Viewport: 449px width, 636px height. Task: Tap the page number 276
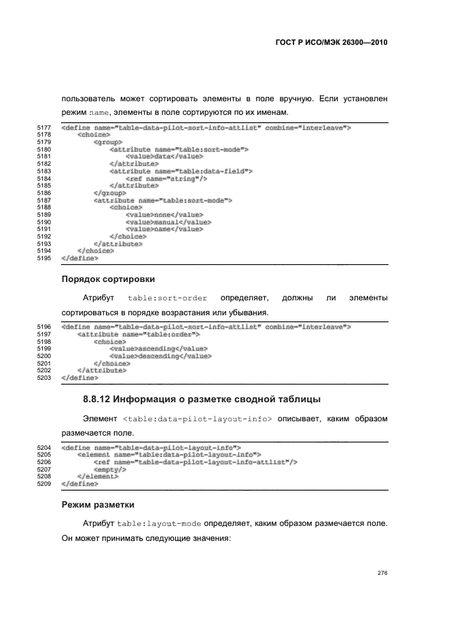point(382,573)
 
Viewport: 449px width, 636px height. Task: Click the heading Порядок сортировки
point(107,279)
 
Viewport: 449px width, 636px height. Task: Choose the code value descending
point(158,355)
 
